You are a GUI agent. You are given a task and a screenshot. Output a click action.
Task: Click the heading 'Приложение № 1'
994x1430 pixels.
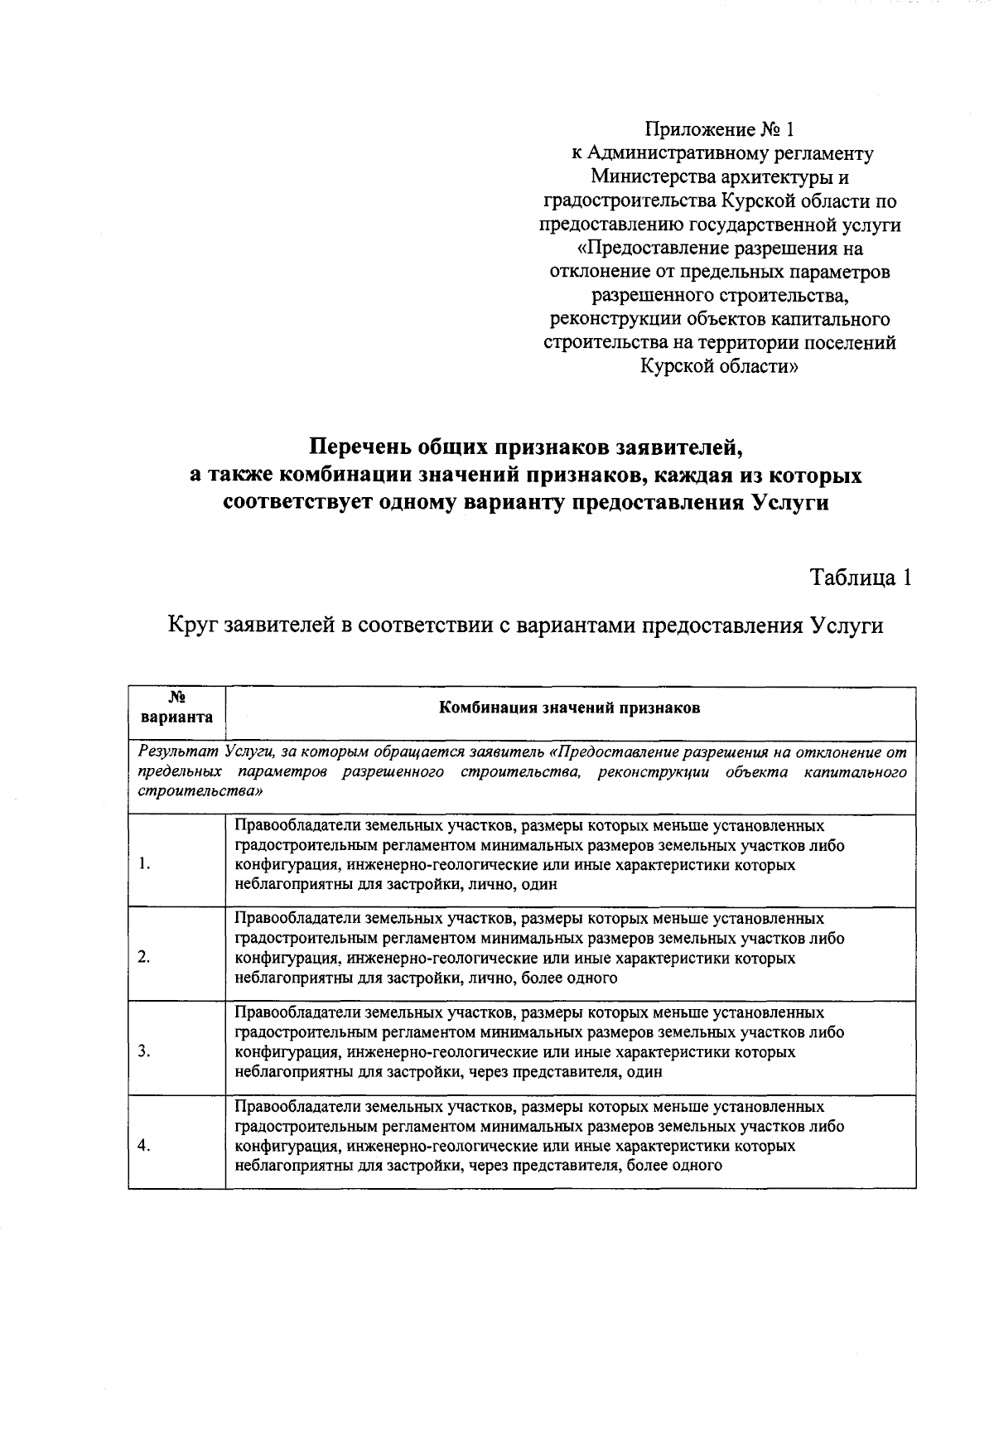[x=719, y=130]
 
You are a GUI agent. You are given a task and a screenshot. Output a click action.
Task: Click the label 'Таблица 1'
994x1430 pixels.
[x=861, y=577]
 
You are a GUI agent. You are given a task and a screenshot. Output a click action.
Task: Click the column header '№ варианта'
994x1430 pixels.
[x=176, y=708]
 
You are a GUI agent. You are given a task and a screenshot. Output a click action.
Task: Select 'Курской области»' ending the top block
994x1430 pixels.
[x=719, y=366]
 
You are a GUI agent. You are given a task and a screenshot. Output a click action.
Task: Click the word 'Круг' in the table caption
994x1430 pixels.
[x=192, y=625]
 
